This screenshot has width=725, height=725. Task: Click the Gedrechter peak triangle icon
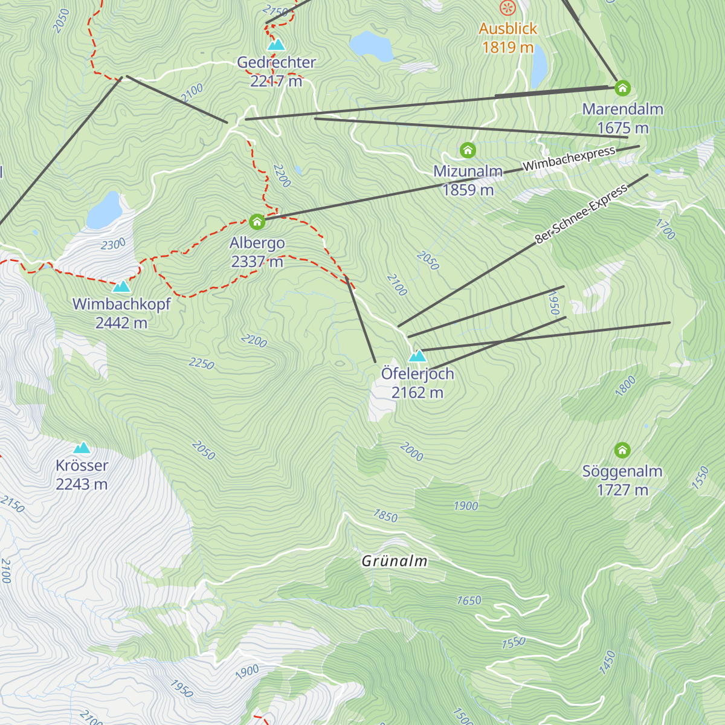coord(276,45)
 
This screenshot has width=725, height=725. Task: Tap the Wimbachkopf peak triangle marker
coord(121,286)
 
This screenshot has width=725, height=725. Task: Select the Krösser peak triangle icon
coord(82,448)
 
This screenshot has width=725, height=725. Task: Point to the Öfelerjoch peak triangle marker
coord(417,356)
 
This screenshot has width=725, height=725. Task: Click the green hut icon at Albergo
coord(257,222)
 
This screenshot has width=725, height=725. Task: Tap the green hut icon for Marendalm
coord(622,88)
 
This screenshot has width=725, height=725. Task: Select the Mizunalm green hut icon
coord(468,150)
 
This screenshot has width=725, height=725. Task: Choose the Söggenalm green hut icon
coord(622,450)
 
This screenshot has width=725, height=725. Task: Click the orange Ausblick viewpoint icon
coord(507,8)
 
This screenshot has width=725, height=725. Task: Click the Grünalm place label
coord(395,561)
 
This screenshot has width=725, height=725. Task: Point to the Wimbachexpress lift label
coord(569,158)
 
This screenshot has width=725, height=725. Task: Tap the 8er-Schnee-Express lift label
coord(581,214)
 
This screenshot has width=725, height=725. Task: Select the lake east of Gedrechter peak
coord(372,46)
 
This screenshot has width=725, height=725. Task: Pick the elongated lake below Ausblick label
coord(539,66)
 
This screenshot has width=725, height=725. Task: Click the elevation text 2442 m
coord(121,323)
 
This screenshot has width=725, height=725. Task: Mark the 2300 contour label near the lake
coord(113,244)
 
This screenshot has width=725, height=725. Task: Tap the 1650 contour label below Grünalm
coord(469,601)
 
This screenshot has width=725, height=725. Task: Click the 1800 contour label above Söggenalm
coord(625,385)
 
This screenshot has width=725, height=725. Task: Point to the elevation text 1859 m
coord(468,190)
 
